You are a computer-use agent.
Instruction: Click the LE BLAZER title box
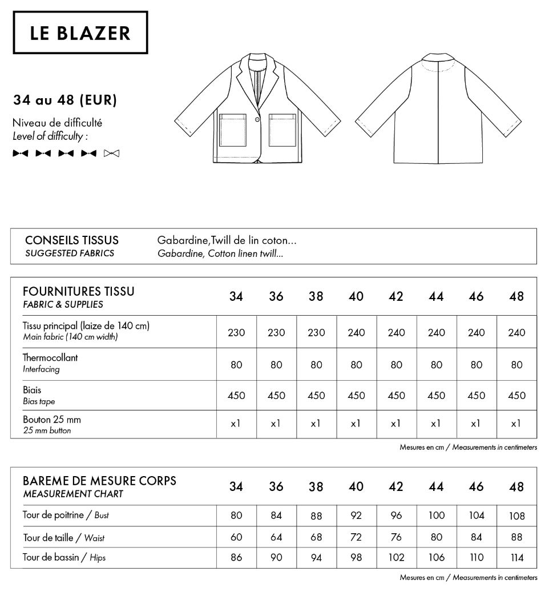coord(80,33)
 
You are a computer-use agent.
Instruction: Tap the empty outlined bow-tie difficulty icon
coord(112,153)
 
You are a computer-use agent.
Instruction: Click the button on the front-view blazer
coord(257,119)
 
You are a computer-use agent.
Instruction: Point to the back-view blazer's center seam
coord(438,114)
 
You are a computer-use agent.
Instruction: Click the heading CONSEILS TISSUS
coord(72,240)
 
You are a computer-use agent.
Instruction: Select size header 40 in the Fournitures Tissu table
coord(356,296)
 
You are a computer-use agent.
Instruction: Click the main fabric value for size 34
coord(236,333)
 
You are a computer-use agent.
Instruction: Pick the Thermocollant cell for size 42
coord(396,364)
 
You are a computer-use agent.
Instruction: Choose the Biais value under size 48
coord(516,396)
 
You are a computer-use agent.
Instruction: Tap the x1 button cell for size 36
coord(276,424)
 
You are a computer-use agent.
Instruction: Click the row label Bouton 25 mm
coord(52,419)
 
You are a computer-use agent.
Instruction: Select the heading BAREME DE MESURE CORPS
coord(99,481)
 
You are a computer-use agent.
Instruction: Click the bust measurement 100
coord(436,516)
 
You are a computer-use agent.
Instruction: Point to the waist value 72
coord(356,537)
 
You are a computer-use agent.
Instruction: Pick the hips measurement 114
coord(516,558)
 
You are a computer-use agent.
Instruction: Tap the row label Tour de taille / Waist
coord(63,537)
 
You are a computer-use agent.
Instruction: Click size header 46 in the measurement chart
coord(476,486)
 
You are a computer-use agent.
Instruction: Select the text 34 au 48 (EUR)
coord(65,100)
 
